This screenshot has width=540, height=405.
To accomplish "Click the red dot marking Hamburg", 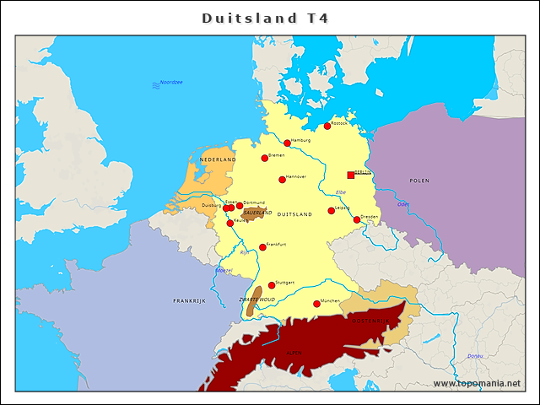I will [287, 143].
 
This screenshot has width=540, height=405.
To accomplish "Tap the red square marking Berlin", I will [351, 175].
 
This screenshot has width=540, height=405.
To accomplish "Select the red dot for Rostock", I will [327, 127].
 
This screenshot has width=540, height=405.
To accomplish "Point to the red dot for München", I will [316, 304].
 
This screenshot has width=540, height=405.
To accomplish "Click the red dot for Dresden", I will [357, 219].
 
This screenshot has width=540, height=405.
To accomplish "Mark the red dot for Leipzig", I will [332, 211].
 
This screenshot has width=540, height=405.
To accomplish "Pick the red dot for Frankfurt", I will [262, 247].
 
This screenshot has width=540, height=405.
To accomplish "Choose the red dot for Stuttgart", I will [272, 285].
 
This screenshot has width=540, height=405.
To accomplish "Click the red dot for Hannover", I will [283, 180].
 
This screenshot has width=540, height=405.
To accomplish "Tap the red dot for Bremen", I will [265, 158].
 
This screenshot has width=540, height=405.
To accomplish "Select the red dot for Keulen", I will [230, 224].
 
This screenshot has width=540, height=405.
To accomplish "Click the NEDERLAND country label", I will [218, 159].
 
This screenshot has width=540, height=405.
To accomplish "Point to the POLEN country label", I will [419, 181].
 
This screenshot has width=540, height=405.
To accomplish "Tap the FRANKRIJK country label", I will [189, 300].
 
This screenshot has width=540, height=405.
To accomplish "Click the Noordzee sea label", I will [171, 82].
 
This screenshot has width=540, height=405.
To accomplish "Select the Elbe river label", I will [341, 192].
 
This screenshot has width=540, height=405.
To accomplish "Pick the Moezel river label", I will [224, 270].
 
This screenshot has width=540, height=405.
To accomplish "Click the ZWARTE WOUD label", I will [256, 300].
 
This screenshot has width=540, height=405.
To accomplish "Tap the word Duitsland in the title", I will [249, 18].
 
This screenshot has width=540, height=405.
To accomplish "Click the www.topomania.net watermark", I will [477, 383].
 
